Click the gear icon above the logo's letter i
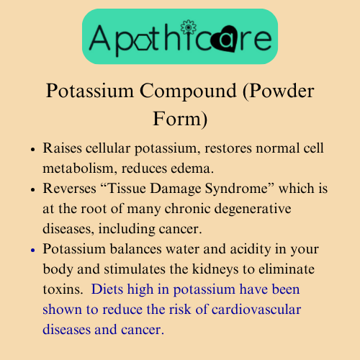[189, 27]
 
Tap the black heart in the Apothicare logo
[225, 39]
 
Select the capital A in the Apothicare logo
[100, 37]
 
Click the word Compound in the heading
[188, 91]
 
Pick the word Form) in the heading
[180, 119]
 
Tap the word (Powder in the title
[278, 91]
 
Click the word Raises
[63, 148]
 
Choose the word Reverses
[70, 188]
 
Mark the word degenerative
[253, 209]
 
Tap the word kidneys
[215, 269]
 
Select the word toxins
[63, 289]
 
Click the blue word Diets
[107, 289]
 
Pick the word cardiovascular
[256, 309]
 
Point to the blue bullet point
[33, 251]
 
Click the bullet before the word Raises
[33, 149]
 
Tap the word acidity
[251, 249]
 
